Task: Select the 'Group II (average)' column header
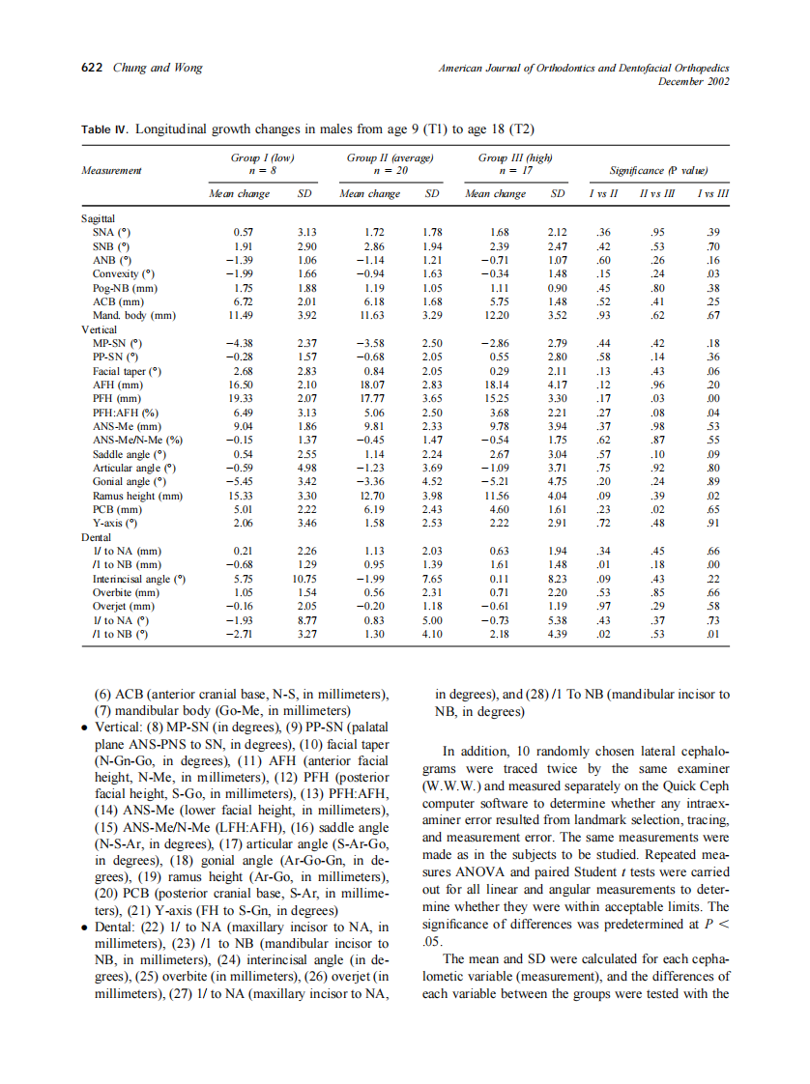tap(389, 157)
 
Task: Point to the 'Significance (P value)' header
tap(652, 170)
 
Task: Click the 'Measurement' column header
tap(112, 170)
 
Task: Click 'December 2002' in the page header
tap(693, 81)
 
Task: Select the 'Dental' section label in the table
tap(96, 536)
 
